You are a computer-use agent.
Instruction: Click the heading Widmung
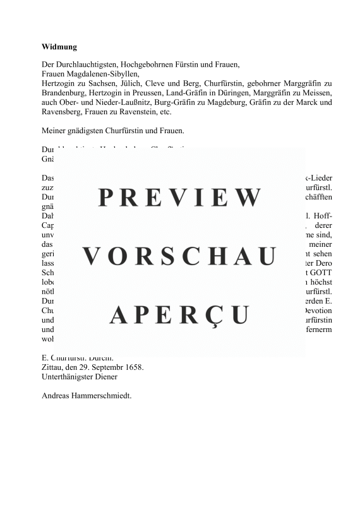[59, 47]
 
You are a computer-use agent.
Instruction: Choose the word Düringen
[231, 93]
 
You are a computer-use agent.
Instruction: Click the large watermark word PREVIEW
[180, 198]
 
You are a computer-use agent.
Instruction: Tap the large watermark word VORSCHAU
[180, 256]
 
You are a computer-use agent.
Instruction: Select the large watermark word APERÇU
[180, 314]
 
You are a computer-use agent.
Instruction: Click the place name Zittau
[54, 367]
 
